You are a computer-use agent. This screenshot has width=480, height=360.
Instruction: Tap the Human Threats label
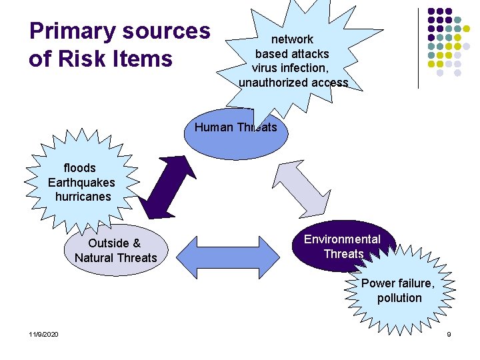tap(235, 127)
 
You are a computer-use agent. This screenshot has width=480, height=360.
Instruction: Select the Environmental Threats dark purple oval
tap(343, 246)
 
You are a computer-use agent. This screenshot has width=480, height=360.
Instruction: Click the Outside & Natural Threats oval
tap(115, 251)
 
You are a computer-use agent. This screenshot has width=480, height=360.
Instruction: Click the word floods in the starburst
tap(79, 168)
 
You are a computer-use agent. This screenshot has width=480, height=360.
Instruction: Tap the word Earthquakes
tap(81, 183)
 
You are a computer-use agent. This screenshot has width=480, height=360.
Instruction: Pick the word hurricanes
tap(83, 197)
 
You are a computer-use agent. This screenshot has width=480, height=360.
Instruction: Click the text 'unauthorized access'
tap(293, 83)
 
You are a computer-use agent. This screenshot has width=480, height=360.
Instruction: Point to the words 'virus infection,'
tap(289, 68)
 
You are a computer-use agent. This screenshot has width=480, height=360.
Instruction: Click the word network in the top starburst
tap(292, 39)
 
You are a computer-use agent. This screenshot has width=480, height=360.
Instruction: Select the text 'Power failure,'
tap(398, 283)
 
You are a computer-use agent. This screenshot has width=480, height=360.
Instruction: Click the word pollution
tap(399, 298)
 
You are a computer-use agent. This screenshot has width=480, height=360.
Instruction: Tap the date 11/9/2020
tap(43, 333)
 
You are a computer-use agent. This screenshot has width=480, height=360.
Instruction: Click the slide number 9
tap(449, 333)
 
